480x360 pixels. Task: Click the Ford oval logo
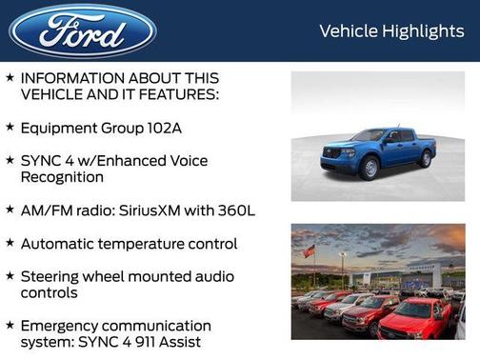click(83, 30)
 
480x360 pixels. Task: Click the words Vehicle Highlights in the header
click(391, 31)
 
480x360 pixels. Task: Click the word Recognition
click(64, 178)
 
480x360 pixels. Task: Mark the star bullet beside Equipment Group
click(10, 127)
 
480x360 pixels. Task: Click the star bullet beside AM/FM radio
click(10, 210)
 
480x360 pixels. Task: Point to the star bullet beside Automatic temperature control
click(10, 244)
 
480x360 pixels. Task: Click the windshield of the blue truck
click(370, 136)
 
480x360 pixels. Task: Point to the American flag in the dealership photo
click(309, 251)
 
